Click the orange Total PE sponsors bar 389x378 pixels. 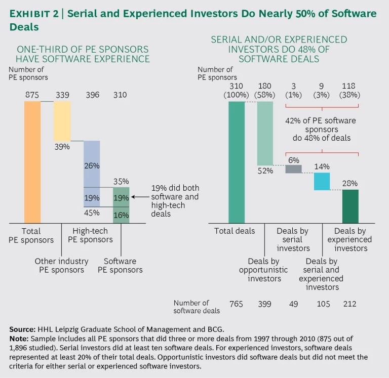click(x=32, y=162)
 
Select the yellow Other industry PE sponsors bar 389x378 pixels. click(x=62, y=121)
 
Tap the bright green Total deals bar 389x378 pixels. click(x=237, y=162)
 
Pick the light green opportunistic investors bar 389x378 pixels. click(x=265, y=133)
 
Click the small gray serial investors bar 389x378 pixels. click(x=293, y=169)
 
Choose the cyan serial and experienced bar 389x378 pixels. click(x=322, y=181)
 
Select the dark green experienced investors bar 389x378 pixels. click(x=350, y=206)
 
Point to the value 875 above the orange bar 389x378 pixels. click(x=32, y=95)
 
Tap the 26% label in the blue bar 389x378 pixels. click(x=92, y=165)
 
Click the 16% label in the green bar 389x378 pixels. click(x=121, y=215)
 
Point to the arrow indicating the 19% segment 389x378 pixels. click(x=140, y=197)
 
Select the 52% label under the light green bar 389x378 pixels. click(x=265, y=171)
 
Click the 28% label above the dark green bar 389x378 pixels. click(x=350, y=183)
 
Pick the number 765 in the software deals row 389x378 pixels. click(x=236, y=304)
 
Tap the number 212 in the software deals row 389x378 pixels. click(x=349, y=304)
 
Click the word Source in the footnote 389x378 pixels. click(x=21, y=329)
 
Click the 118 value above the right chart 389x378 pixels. click(x=349, y=86)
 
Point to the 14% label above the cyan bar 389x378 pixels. click(x=322, y=166)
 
